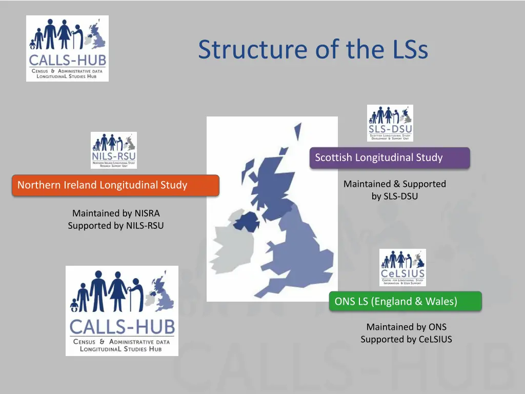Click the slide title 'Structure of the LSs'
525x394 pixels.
point(313,50)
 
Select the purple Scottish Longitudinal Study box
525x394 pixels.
point(390,157)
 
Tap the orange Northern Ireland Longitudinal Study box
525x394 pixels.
point(115,185)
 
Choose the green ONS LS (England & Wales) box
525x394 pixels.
point(405,301)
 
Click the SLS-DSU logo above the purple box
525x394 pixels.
point(390,123)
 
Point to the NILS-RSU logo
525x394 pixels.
point(114,150)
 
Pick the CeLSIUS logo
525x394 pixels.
point(402,267)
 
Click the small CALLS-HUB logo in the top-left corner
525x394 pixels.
point(67,48)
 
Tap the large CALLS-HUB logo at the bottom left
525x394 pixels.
point(122,311)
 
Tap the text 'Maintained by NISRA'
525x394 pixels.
point(116,213)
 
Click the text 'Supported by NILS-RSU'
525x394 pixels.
point(116,225)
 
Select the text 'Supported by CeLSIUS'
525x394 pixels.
point(406,339)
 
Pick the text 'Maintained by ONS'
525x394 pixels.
point(406,327)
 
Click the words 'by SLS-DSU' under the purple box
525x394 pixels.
point(395,196)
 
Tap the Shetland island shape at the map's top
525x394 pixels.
point(297,130)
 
